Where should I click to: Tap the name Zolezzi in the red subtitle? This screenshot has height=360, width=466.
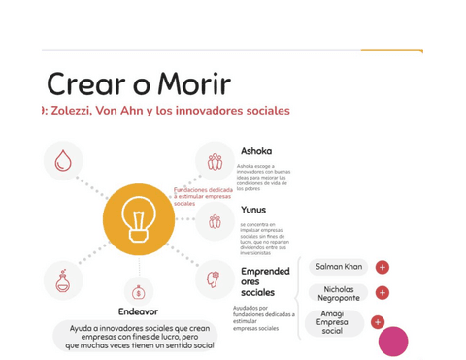click(79, 111)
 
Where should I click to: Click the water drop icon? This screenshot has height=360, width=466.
click(63, 161)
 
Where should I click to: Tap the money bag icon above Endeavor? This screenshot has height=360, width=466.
click(138, 291)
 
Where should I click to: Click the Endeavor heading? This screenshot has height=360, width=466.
click(138, 311)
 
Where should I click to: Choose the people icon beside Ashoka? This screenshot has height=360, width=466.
click(215, 161)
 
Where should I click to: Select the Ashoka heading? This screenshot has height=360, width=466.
click(256, 151)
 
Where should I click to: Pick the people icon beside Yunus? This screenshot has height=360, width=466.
click(215, 221)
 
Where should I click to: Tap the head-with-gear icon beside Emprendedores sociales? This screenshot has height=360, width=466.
click(215, 279)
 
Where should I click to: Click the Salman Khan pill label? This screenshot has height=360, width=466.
click(339, 266)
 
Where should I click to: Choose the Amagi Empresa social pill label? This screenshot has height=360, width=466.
click(333, 323)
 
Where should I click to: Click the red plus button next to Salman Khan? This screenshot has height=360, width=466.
click(383, 267)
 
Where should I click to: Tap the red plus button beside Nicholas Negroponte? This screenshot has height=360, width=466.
click(383, 292)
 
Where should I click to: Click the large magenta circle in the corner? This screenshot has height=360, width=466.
click(393, 341)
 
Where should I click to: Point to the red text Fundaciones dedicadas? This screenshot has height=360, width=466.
click(203, 190)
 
